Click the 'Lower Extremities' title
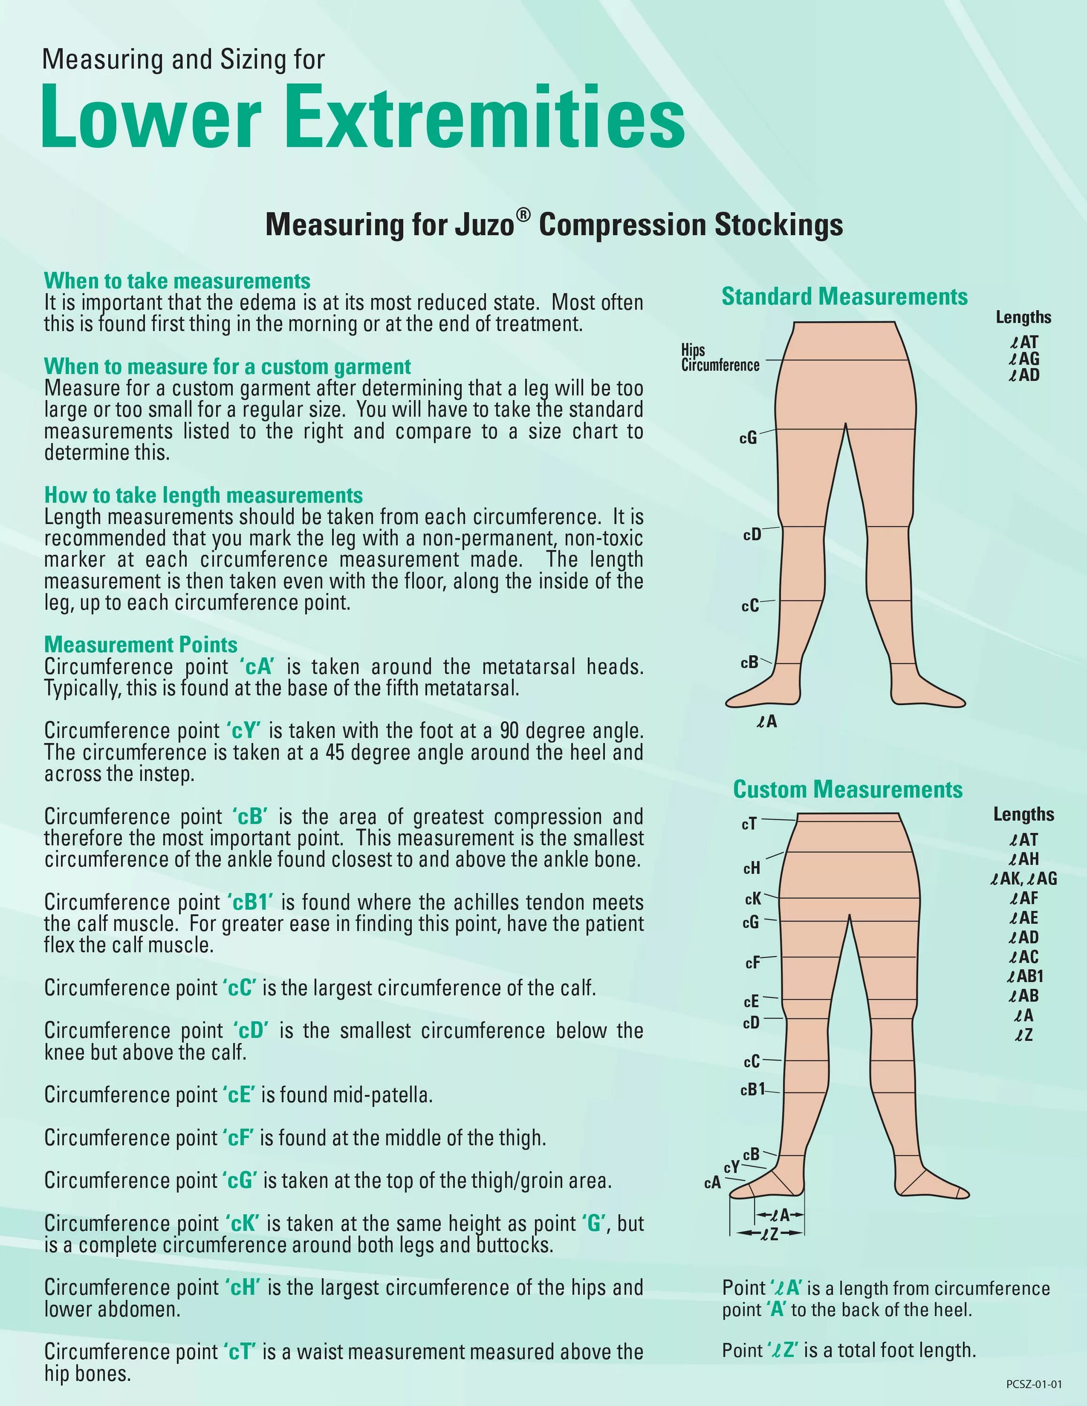point(362,118)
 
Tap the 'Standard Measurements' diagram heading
point(844,297)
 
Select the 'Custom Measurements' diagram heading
point(847,790)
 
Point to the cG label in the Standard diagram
point(747,438)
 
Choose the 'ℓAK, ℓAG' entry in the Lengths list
point(1023,879)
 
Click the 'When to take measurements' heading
point(177,281)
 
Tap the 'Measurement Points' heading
point(140,645)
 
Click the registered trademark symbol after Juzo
point(523,217)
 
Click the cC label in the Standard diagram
point(749,606)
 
